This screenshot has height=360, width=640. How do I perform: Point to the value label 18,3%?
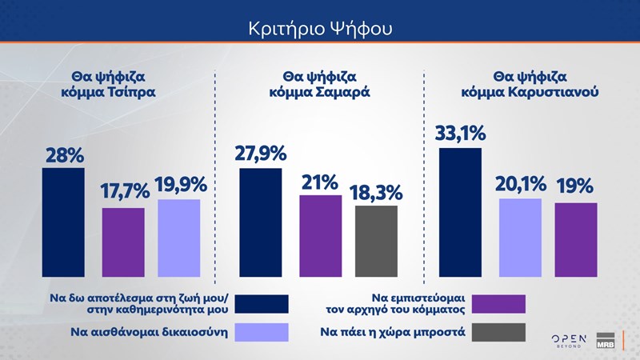pyautogui.click(x=376, y=193)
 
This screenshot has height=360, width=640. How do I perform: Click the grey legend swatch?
pyautogui.click(x=499, y=331)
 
